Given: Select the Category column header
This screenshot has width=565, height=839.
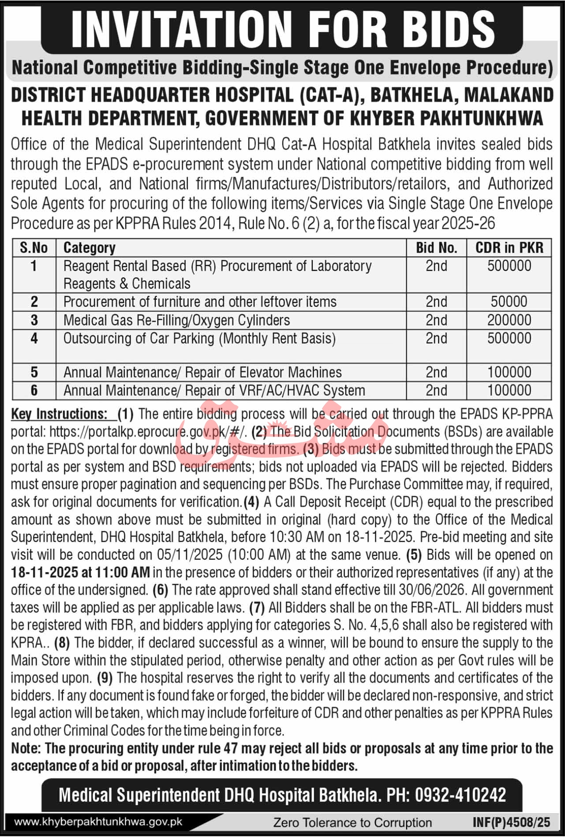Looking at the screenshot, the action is tap(90, 248).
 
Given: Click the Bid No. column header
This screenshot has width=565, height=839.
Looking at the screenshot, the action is tap(436, 248).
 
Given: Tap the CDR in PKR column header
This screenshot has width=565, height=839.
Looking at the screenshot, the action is tap(509, 248).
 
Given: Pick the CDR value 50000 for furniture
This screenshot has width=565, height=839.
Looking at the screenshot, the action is tap(509, 302).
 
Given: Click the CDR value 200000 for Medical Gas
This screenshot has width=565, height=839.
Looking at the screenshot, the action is tap(509, 320).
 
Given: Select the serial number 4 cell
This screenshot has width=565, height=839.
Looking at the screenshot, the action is tap(34, 339).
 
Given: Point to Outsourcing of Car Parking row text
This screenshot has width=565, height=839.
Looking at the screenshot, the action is tap(199, 339).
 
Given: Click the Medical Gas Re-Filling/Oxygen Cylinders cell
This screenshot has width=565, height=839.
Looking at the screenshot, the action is tap(176, 320).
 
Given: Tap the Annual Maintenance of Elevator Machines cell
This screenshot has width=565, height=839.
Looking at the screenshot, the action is tap(202, 372).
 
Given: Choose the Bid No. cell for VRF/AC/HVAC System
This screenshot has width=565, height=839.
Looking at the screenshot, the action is tap(436, 390).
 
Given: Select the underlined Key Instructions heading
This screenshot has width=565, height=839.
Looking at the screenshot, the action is tap(59, 414).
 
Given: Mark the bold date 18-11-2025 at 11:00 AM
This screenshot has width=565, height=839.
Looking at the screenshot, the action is tap(80, 573).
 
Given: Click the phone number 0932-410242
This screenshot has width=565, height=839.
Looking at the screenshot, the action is tap(459, 795).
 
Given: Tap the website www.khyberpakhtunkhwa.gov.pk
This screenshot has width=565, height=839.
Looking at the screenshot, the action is tap(98, 822).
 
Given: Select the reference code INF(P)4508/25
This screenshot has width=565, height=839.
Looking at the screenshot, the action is tap(511, 822).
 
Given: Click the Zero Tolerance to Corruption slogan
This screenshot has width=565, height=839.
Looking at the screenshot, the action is tap(352, 823).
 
